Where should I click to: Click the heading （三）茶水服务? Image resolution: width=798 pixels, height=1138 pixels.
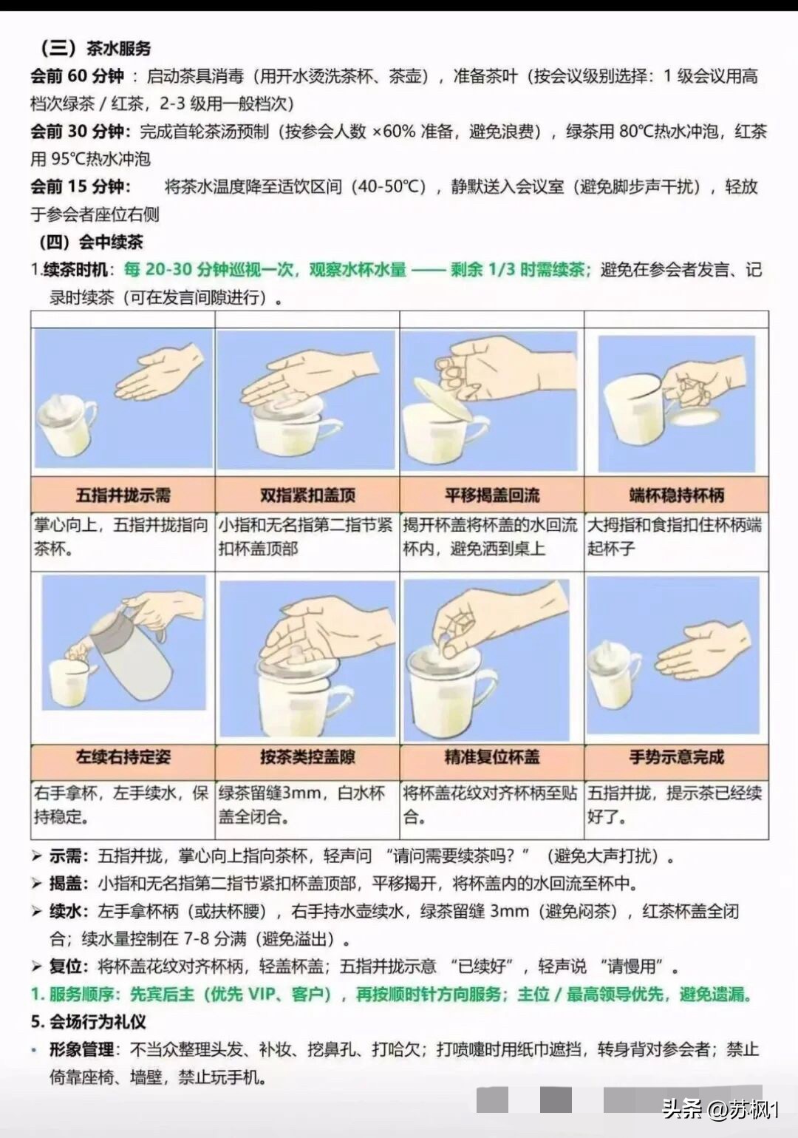[x=95, y=49]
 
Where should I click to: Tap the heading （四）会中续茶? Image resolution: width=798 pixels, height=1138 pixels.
[x=92, y=242]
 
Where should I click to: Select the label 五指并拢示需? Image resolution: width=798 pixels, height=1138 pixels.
[x=123, y=495]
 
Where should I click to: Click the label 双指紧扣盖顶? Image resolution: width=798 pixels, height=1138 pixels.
[x=307, y=495]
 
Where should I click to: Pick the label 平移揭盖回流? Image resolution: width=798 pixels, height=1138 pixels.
[x=492, y=495]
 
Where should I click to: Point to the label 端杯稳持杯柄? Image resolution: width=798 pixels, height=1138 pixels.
[x=677, y=495]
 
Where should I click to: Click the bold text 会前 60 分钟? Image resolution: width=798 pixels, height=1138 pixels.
[x=77, y=76]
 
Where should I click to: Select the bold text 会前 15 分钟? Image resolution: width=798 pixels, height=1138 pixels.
[x=80, y=186]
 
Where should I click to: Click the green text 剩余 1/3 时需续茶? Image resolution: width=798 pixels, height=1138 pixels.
[x=520, y=269]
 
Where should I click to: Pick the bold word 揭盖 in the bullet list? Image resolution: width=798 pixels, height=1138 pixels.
[x=66, y=884]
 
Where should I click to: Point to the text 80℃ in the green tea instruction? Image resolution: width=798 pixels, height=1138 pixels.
[x=636, y=132]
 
